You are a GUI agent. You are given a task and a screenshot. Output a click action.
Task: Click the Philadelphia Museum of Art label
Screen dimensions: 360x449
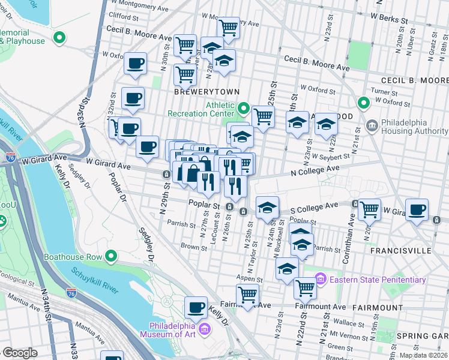point(168,329)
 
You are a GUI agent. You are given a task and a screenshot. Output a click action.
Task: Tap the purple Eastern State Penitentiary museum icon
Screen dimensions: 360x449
point(320,280)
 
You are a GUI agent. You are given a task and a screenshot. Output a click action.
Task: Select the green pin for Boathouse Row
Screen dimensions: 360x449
point(111,257)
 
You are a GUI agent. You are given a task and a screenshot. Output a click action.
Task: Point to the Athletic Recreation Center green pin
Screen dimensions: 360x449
point(243,109)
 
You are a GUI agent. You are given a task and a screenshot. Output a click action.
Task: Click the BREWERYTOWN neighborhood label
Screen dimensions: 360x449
point(206,92)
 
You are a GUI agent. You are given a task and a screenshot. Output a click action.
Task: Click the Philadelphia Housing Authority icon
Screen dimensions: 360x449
point(372,126)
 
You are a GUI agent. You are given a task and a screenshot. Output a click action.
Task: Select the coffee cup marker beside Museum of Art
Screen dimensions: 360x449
point(196,307)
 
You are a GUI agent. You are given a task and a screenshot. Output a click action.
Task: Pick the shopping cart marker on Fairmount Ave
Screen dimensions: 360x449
point(247,295)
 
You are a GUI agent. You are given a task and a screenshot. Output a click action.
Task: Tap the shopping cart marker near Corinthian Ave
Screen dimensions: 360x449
point(369,209)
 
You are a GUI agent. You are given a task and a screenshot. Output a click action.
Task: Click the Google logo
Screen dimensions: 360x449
point(20,353)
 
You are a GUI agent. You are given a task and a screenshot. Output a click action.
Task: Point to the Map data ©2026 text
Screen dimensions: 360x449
point(423,355)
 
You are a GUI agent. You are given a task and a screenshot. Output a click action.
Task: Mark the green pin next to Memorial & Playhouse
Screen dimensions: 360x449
point(59,38)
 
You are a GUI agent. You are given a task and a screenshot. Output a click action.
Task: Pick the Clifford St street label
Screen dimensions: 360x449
point(123,17)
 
